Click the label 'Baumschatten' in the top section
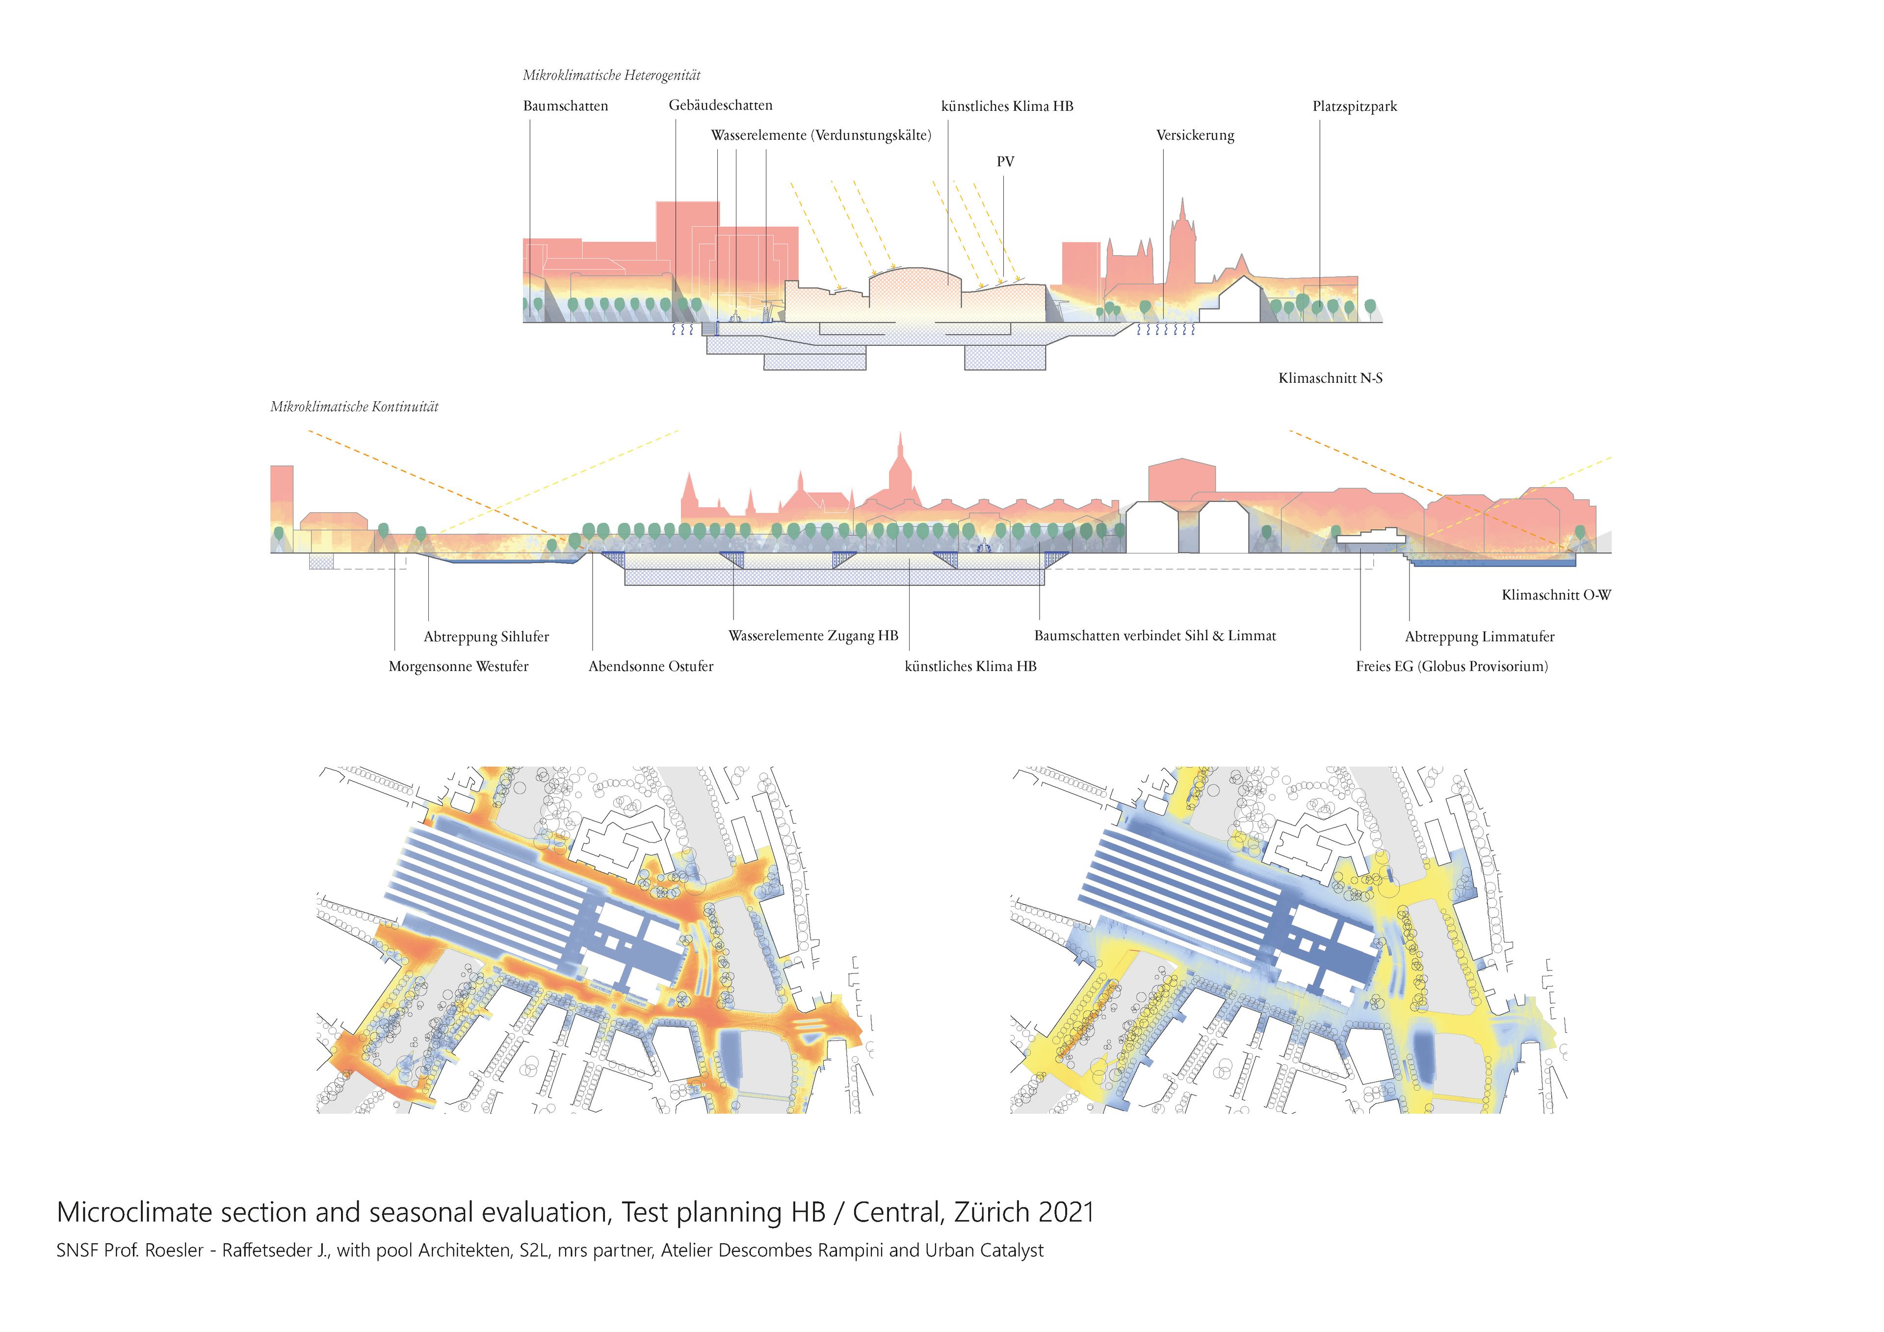pyautogui.click(x=565, y=106)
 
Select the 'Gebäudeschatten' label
pyautogui.click(x=720, y=105)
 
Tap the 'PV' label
pyautogui.click(x=1005, y=162)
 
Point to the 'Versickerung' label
pyautogui.click(x=1195, y=135)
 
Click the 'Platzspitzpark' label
pyautogui.click(x=1354, y=106)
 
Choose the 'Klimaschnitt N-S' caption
pyautogui.click(x=1329, y=378)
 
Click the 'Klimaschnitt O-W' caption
pyautogui.click(x=1556, y=595)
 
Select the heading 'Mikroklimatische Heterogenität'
pyautogui.click(x=611, y=76)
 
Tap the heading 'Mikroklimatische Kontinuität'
pyautogui.click(x=355, y=407)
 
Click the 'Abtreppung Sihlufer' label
pyautogui.click(x=486, y=637)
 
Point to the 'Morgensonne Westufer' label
pyautogui.click(x=458, y=666)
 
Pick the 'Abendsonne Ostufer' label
pyautogui.click(x=651, y=666)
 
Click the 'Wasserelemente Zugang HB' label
pyautogui.click(x=813, y=636)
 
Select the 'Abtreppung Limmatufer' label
pyautogui.click(x=1479, y=637)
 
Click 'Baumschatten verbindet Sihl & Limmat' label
pyautogui.click(x=1154, y=636)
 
